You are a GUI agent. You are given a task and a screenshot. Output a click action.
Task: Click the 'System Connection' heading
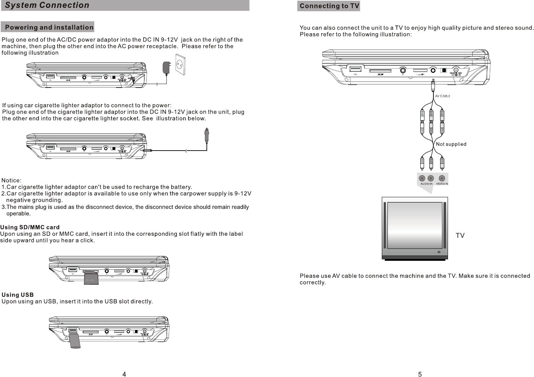[x=47, y=5]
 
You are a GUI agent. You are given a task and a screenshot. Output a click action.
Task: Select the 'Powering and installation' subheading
[x=49, y=27]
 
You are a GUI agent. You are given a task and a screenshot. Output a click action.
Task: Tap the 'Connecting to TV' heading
[x=329, y=6]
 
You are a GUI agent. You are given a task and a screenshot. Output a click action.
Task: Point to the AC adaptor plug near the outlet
[x=166, y=67]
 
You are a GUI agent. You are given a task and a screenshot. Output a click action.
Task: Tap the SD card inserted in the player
[x=91, y=278]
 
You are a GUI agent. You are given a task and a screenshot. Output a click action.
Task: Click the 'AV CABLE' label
[x=442, y=96]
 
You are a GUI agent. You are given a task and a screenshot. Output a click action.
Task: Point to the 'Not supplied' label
[x=451, y=144]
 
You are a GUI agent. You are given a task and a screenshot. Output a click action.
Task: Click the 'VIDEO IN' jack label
[x=442, y=184]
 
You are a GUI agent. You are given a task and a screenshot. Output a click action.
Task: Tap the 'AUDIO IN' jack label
[x=426, y=184]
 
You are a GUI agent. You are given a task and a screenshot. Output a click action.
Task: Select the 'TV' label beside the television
[x=460, y=235]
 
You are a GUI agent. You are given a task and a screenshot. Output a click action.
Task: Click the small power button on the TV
[x=439, y=252]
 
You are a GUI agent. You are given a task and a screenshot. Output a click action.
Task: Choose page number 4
[x=124, y=374]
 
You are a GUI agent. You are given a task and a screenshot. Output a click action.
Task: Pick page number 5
[x=420, y=374]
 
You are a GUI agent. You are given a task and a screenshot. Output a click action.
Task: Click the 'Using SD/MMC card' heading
[x=30, y=227]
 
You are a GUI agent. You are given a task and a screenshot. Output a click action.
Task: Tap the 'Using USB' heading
[x=18, y=295]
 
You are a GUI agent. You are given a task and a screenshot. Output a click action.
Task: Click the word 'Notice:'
[x=12, y=180]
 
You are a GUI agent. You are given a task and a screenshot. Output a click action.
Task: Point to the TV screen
[x=415, y=226]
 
